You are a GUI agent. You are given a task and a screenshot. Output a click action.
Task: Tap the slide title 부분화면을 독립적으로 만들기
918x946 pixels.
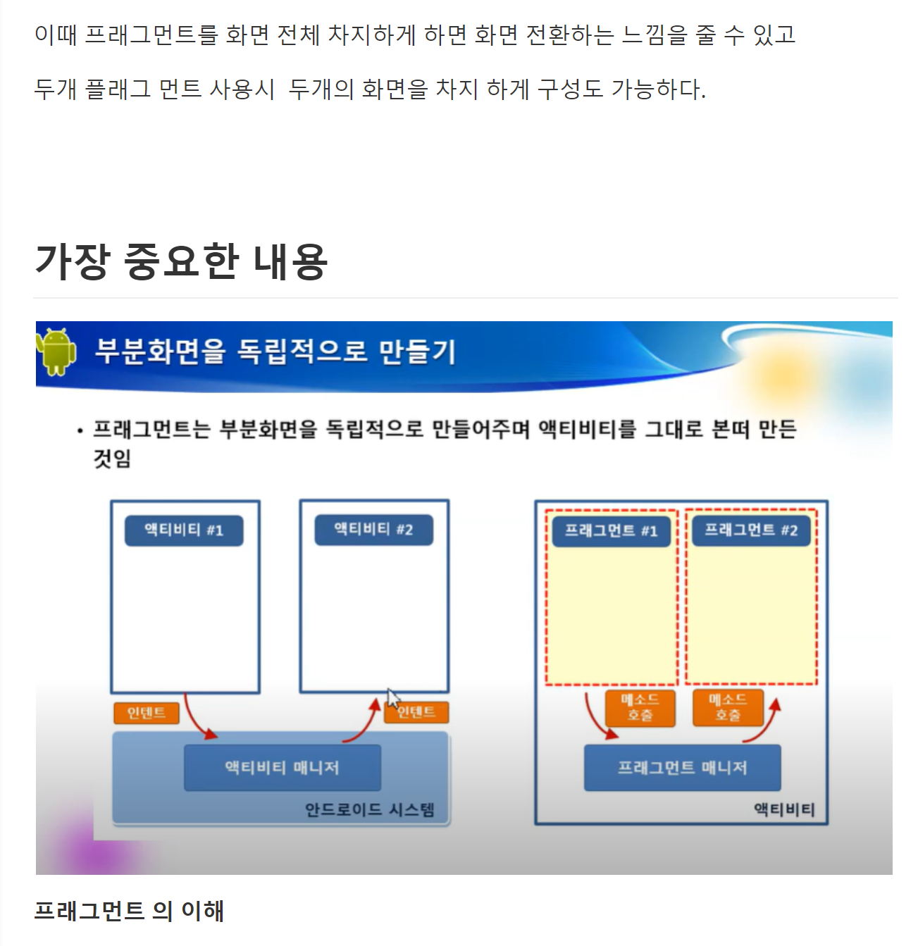pos(275,351)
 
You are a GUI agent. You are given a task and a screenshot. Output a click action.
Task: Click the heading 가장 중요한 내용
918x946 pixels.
pos(181,261)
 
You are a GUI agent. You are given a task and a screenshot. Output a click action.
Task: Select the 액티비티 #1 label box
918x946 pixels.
pos(184,530)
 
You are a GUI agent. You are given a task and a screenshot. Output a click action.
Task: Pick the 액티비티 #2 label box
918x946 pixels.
pos(373,530)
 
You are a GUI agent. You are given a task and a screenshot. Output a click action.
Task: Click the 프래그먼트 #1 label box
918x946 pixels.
pos(611,531)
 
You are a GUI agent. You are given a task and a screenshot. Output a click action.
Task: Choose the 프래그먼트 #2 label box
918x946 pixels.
pos(751,530)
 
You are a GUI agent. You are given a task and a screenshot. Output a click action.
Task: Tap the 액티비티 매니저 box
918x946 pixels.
pos(282,767)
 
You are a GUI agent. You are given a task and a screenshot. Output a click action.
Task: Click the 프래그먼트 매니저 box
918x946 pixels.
pos(682,767)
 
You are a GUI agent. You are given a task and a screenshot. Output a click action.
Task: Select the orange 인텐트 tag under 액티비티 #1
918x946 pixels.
pos(147,713)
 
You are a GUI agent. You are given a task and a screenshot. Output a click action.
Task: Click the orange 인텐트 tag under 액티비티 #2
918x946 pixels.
pos(416,712)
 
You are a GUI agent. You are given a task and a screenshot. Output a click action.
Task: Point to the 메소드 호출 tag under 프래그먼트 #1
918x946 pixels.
pos(640,707)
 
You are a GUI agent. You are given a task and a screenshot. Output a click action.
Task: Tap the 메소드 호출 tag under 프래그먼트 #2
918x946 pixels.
pos(728,707)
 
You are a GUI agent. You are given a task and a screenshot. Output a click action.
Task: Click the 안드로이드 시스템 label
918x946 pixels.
pos(369,809)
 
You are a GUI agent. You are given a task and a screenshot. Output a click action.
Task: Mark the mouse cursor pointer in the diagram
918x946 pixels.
pos(392,698)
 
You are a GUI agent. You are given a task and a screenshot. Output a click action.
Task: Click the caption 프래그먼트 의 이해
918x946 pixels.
pos(129,911)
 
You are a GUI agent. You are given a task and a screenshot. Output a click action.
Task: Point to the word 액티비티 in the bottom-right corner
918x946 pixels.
pos(784,809)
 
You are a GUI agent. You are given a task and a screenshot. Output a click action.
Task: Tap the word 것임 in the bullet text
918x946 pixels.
pos(112,459)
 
